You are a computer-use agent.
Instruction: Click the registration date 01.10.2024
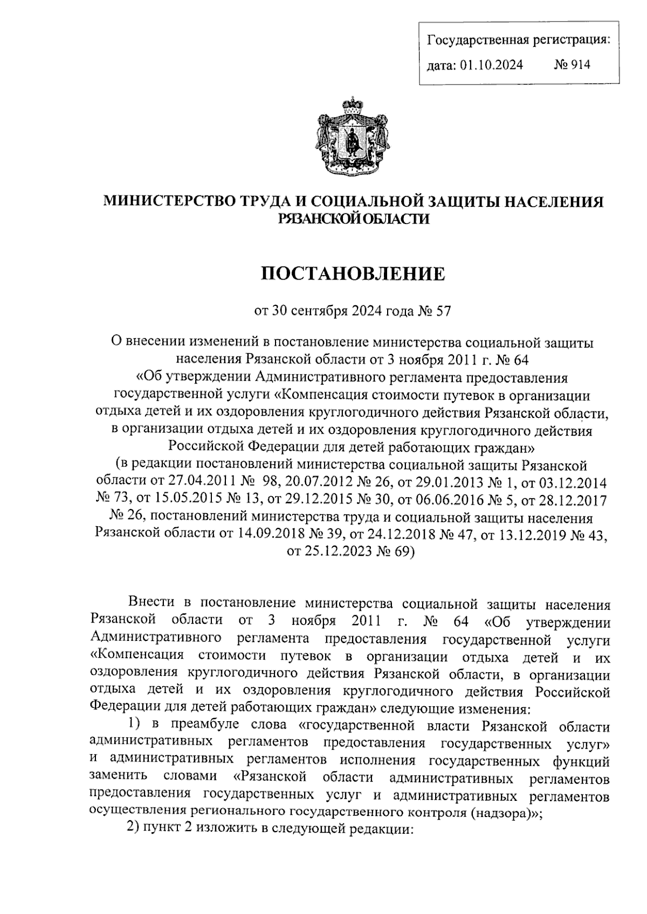click(491, 65)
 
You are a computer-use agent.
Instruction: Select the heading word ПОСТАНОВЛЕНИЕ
click(353, 274)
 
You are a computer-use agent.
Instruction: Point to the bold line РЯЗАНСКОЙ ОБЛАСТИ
click(353, 218)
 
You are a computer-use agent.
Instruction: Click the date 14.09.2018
click(253, 534)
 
